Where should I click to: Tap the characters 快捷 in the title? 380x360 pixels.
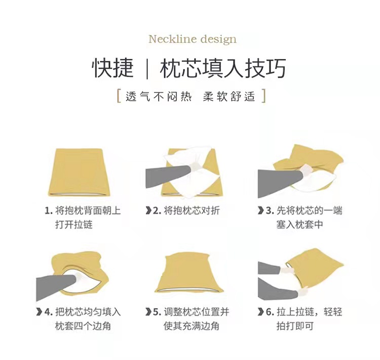(x=113, y=68)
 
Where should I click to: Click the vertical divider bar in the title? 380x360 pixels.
(x=147, y=68)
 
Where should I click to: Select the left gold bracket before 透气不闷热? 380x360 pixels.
(x=119, y=96)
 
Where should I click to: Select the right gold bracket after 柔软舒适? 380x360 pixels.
(x=264, y=96)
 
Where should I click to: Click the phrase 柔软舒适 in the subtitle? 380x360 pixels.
(x=229, y=96)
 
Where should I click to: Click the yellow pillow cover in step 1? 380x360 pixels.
(x=79, y=172)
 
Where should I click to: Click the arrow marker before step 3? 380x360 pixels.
(x=261, y=210)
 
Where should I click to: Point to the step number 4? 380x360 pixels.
(x=49, y=312)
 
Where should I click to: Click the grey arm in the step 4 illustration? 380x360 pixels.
(x=56, y=286)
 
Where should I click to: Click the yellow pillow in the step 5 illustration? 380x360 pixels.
(x=189, y=272)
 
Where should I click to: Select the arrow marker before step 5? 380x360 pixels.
(x=148, y=312)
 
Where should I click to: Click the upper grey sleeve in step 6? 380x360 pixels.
(x=270, y=268)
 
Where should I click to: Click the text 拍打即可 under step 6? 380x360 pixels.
(x=295, y=326)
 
